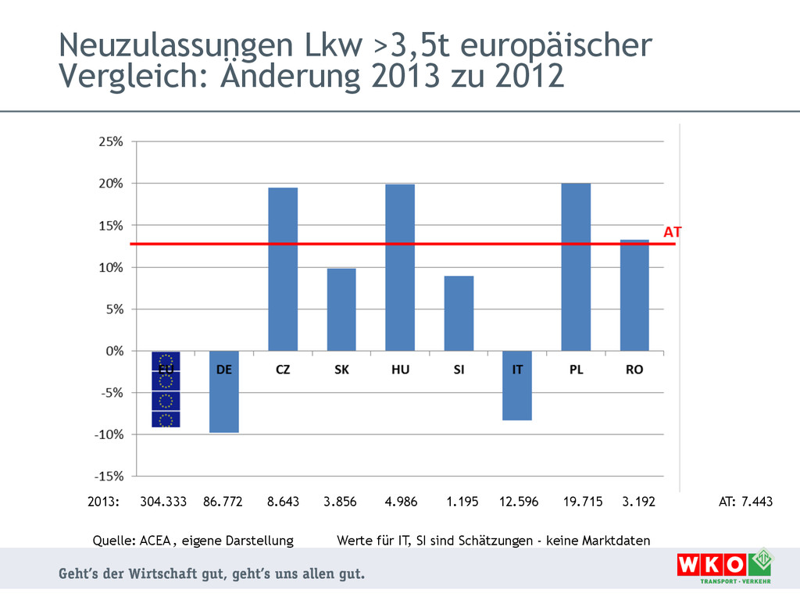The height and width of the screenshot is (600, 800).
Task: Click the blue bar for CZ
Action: [x=283, y=270]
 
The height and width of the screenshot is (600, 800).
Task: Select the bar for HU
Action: [x=400, y=268]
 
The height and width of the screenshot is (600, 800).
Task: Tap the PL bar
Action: [x=576, y=267]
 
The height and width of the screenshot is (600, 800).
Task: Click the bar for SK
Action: [x=341, y=310]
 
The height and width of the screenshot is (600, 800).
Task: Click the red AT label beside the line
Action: [x=673, y=232]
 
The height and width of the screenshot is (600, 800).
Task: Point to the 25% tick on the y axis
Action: [x=110, y=142]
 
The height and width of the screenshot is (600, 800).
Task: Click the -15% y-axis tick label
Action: [x=109, y=476]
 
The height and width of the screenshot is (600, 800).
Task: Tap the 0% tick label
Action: [x=114, y=352]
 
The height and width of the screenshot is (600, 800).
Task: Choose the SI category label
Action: [x=459, y=370]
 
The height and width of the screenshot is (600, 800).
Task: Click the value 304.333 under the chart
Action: [x=163, y=502]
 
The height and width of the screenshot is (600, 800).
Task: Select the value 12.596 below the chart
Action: [x=519, y=502]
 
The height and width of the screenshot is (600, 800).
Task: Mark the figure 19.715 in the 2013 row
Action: [x=583, y=502]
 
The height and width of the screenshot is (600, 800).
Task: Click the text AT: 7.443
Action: [x=745, y=502]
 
